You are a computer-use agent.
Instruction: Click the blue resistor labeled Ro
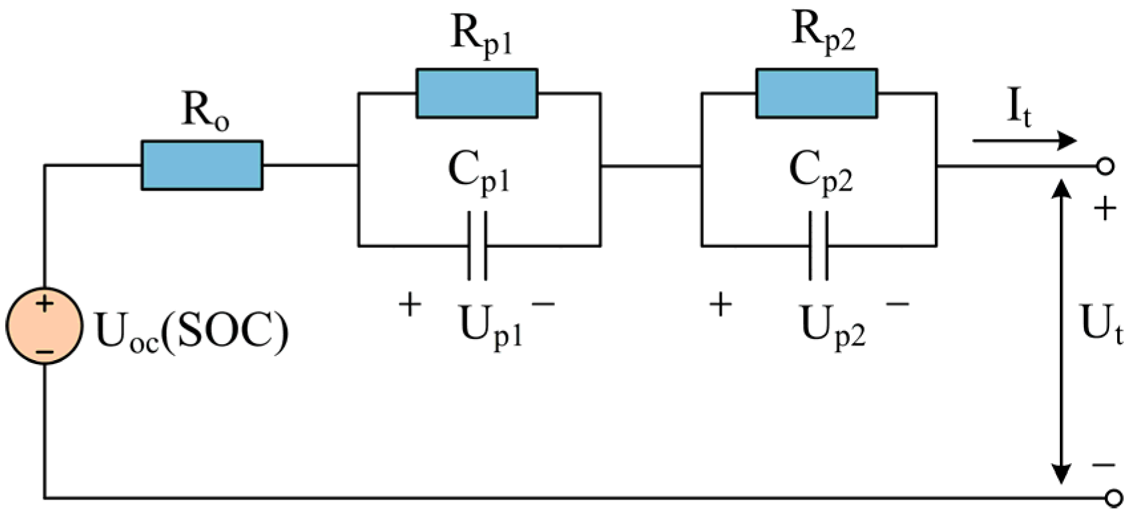[x=201, y=165]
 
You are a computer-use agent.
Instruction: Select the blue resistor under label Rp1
[x=476, y=93]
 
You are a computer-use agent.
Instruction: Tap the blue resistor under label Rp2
[x=817, y=93]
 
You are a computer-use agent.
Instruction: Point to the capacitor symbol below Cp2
[x=818, y=246]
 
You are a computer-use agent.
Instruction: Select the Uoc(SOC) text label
[x=192, y=331]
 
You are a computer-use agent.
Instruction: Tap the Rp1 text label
[x=482, y=35]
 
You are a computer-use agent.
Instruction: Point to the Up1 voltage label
[x=490, y=326]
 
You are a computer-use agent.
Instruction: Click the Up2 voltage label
[x=832, y=326]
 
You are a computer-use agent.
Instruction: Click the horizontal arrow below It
[x=1023, y=141]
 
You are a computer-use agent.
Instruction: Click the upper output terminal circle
[x=1105, y=166]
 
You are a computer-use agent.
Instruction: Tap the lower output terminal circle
[x=1112, y=498]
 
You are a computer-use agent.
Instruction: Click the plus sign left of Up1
[x=410, y=305]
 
